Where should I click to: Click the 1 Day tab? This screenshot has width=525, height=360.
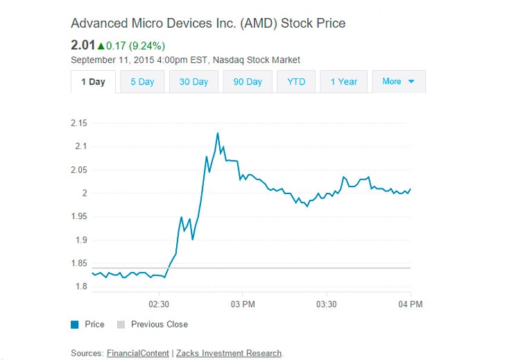93,82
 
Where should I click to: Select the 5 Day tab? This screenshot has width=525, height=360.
142,82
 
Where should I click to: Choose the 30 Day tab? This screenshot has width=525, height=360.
193,82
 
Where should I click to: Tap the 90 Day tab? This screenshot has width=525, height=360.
248,82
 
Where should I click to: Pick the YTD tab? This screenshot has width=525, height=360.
296,82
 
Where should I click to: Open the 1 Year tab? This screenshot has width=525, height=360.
343,82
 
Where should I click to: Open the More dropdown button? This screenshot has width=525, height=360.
398,82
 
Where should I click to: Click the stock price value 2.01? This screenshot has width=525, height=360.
83,46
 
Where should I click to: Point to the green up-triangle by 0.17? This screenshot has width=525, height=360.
101,46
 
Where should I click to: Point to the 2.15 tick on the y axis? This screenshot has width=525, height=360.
79,123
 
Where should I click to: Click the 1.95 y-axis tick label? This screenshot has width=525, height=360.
79,216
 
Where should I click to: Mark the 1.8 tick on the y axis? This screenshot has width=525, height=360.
81,286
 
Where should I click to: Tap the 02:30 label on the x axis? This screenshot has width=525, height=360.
159,305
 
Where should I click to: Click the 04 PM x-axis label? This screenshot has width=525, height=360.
411,305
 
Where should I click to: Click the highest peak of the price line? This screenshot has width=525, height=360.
218,133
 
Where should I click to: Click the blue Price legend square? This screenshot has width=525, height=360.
75,325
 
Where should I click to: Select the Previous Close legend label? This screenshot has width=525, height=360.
159,325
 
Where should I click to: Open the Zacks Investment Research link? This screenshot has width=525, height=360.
229,353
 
